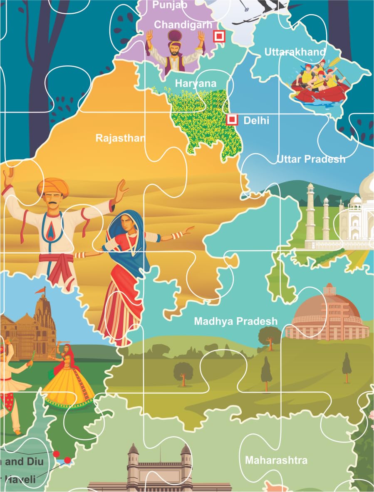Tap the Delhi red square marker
pos(232,120)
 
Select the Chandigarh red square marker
pos(218,36)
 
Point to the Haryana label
pos(196,83)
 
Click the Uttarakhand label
pos(295,52)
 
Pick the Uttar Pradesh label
pos(311,159)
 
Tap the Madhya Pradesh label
pos(235,321)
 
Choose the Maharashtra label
pos(276,460)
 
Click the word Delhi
pos(256,121)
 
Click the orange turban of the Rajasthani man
pos(52,186)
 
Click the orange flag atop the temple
pos(40,290)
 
